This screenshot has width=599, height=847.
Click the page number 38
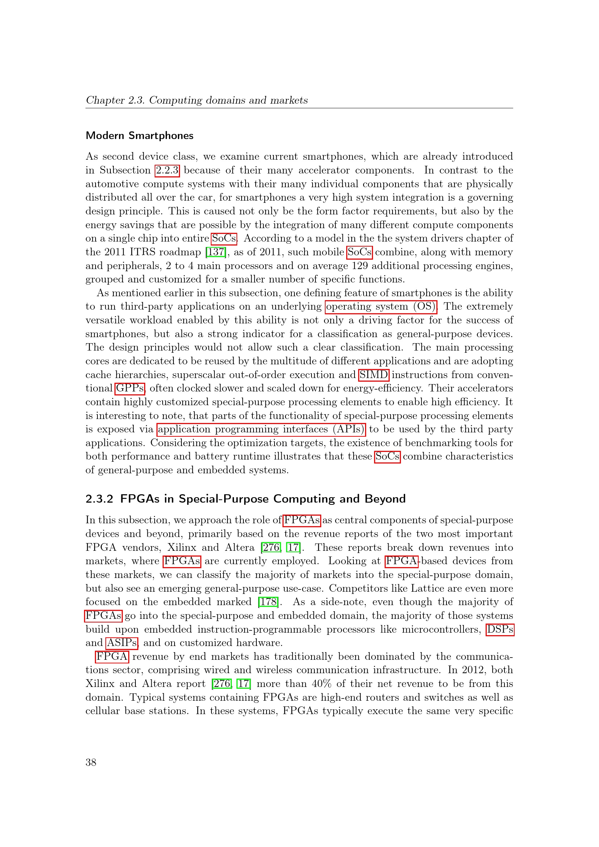[91, 762]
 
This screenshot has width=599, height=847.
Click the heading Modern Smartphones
[139, 135]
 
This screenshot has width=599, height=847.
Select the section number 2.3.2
[99, 499]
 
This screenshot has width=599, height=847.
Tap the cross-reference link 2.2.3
[167, 170]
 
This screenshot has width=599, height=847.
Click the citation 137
[216, 252]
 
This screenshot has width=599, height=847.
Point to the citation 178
[268, 602]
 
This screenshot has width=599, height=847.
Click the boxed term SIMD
[374, 375]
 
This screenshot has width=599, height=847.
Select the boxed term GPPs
[130, 389]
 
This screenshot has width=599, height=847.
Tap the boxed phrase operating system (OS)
[381, 307]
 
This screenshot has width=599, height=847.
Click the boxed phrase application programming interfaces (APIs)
[261, 429]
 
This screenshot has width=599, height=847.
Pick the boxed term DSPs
[500, 629]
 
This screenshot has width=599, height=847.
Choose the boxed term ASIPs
[122, 643]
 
